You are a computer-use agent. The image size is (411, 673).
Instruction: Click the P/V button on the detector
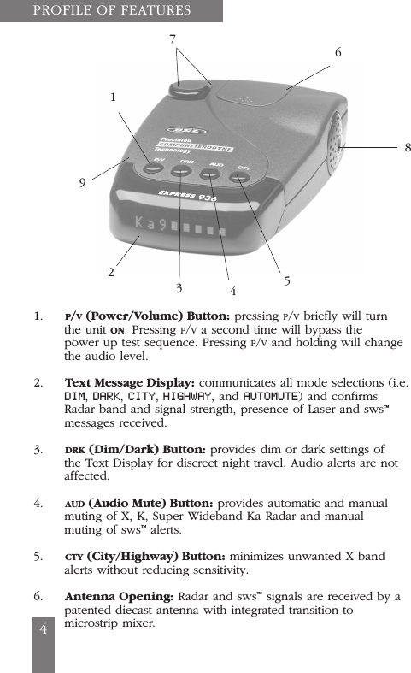pos(154,168)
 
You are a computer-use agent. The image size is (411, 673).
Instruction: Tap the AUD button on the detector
pos(210,174)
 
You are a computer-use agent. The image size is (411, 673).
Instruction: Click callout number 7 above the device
pos(173,39)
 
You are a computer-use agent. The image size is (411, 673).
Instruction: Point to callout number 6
pos(338,52)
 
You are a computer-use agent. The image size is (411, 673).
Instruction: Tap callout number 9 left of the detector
pos(82,181)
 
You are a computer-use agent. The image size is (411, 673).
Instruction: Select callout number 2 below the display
pos(111,272)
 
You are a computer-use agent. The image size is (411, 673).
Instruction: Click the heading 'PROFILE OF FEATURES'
pos(111,11)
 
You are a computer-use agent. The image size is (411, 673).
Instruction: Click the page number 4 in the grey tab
pos(43,629)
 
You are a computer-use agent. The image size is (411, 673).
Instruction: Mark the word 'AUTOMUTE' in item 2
pos(270,397)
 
